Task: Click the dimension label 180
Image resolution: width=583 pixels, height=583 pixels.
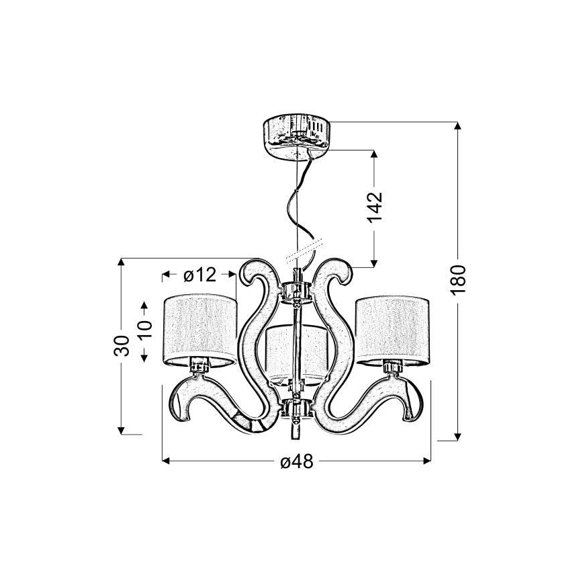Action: pos(458,279)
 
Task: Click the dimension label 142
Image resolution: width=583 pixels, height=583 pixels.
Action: pos(375,208)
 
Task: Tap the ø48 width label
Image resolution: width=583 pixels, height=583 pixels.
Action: pos(297,462)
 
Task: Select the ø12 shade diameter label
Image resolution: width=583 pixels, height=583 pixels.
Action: pos(199,275)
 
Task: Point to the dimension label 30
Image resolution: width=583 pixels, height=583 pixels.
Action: pos(122,346)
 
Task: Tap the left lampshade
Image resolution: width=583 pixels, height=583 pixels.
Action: pos(200,330)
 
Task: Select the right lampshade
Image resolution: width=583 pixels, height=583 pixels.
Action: pos(393,330)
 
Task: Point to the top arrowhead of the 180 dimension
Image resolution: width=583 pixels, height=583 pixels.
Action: pos(458,126)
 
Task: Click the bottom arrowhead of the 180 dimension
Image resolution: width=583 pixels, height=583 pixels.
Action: pos(458,437)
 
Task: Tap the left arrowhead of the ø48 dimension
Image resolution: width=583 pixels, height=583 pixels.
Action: pos(166,461)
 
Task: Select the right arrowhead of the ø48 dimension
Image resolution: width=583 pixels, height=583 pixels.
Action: pos(427,461)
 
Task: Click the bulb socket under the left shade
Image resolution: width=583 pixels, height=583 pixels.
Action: pos(199,363)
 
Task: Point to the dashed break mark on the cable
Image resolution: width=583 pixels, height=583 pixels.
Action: pos(304,251)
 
